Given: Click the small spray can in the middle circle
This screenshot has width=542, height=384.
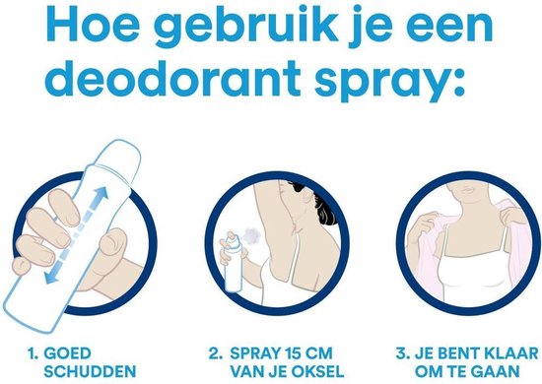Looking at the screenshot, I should [234, 280].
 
